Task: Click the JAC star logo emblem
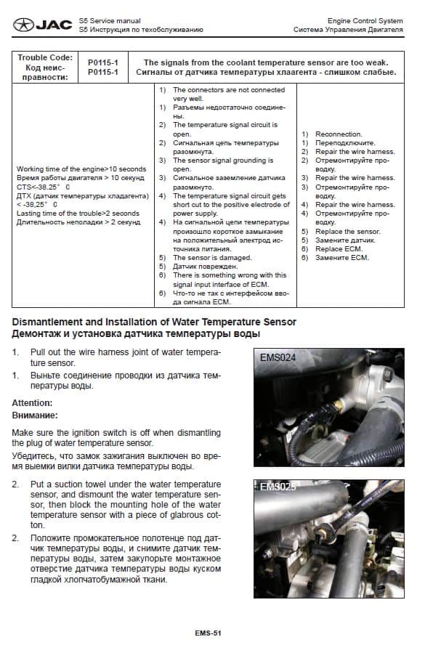[23, 25]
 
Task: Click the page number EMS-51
[208, 633]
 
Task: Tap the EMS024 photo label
[278, 357]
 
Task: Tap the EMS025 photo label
[278, 487]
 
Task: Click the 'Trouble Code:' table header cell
[45, 57]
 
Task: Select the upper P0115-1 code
[103, 62]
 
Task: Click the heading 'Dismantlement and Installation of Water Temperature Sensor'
[154, 322]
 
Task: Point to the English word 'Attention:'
[32, 402]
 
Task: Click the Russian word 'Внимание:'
[35, 415]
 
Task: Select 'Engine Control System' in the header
[365, 21]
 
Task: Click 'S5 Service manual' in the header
[110, 21]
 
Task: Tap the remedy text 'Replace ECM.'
[339, 248]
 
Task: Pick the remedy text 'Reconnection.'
[339, 134]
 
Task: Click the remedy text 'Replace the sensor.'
[347, 231]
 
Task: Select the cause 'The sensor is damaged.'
[212, 258]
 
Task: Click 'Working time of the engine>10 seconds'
[81, 169]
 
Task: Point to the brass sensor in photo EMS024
[339, 405]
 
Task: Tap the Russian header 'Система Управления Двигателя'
[348, 30]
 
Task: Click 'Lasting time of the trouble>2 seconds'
[78, 214]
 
